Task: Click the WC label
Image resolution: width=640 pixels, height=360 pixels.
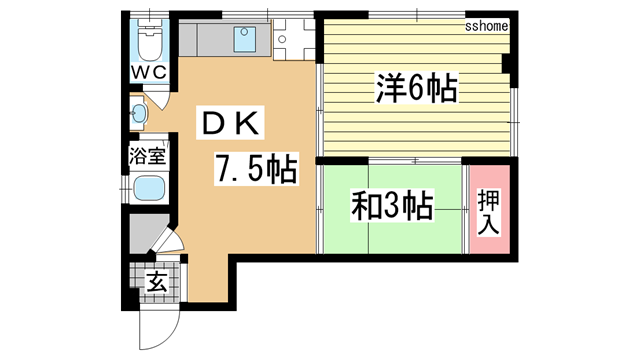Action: pyautogui.click(x=149, y=73)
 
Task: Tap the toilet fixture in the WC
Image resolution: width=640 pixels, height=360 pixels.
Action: pyautogui.click(x=149, y=41)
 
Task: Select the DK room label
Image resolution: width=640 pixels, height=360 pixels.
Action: pyautogui.click(x=230, y=123)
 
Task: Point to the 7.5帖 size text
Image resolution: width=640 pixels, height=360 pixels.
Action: pyautogui.click(x=256, y=169)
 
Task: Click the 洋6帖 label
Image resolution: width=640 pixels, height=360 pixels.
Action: pyautogui.click(x=416, y=88)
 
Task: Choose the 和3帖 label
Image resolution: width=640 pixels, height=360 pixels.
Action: pyautogui.click(x=392, y=205)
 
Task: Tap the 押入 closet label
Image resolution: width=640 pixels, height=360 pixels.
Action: pyautogui.click(x=489, y=212)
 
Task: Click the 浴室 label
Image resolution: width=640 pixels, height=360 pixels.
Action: pyautogui.click(x=147, y=156)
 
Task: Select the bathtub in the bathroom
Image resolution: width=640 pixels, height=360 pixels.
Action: pyautogui.click(x=149, y=188)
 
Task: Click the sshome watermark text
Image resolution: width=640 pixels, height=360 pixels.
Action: pyautogui.click(x=487, y=27)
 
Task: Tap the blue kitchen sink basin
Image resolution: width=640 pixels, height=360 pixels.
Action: pyautogui.click(x=245, y=39)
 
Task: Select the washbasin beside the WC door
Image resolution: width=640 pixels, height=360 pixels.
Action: pyautogui.click(x=139, y=113)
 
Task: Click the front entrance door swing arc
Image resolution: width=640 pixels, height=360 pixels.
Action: pyautogui.click(x=169, y=336)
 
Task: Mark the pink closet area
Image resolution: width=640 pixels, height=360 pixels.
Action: pyautogui.click(x=489, y=209)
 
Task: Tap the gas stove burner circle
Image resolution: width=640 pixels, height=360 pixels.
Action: pyautogui.click(x=281, y=40)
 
